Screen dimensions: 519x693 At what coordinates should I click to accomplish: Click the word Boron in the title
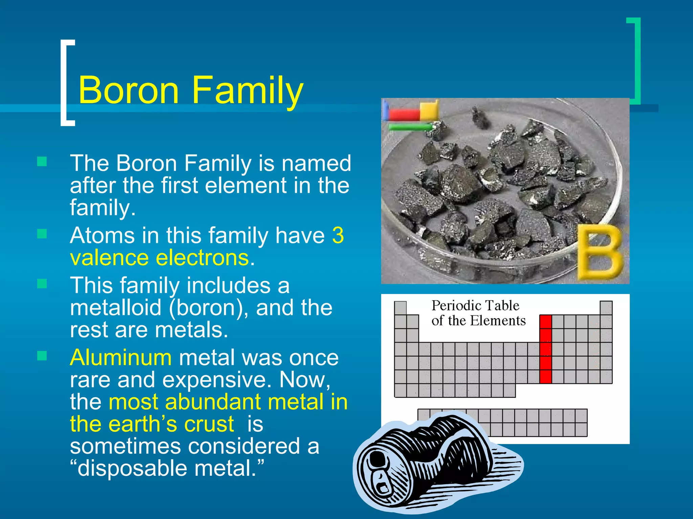coord(129,90)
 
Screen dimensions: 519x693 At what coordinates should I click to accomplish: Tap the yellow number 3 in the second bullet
coord(338,235)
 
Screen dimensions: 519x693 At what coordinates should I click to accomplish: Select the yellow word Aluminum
coord(121,357)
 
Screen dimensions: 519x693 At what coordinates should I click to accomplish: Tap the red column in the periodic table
coord(545,349)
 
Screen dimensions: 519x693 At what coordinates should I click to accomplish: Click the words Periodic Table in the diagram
coord(475,305)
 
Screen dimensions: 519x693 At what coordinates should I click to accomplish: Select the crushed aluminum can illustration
coord(437,463)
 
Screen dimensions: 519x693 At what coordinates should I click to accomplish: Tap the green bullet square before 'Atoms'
coord(42,234)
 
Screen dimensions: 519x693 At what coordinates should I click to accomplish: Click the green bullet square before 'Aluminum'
coord(42,356)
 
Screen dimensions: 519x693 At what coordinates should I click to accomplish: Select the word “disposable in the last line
coord(129,469)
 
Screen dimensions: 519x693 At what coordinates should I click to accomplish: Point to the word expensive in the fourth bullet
coord(217,380)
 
